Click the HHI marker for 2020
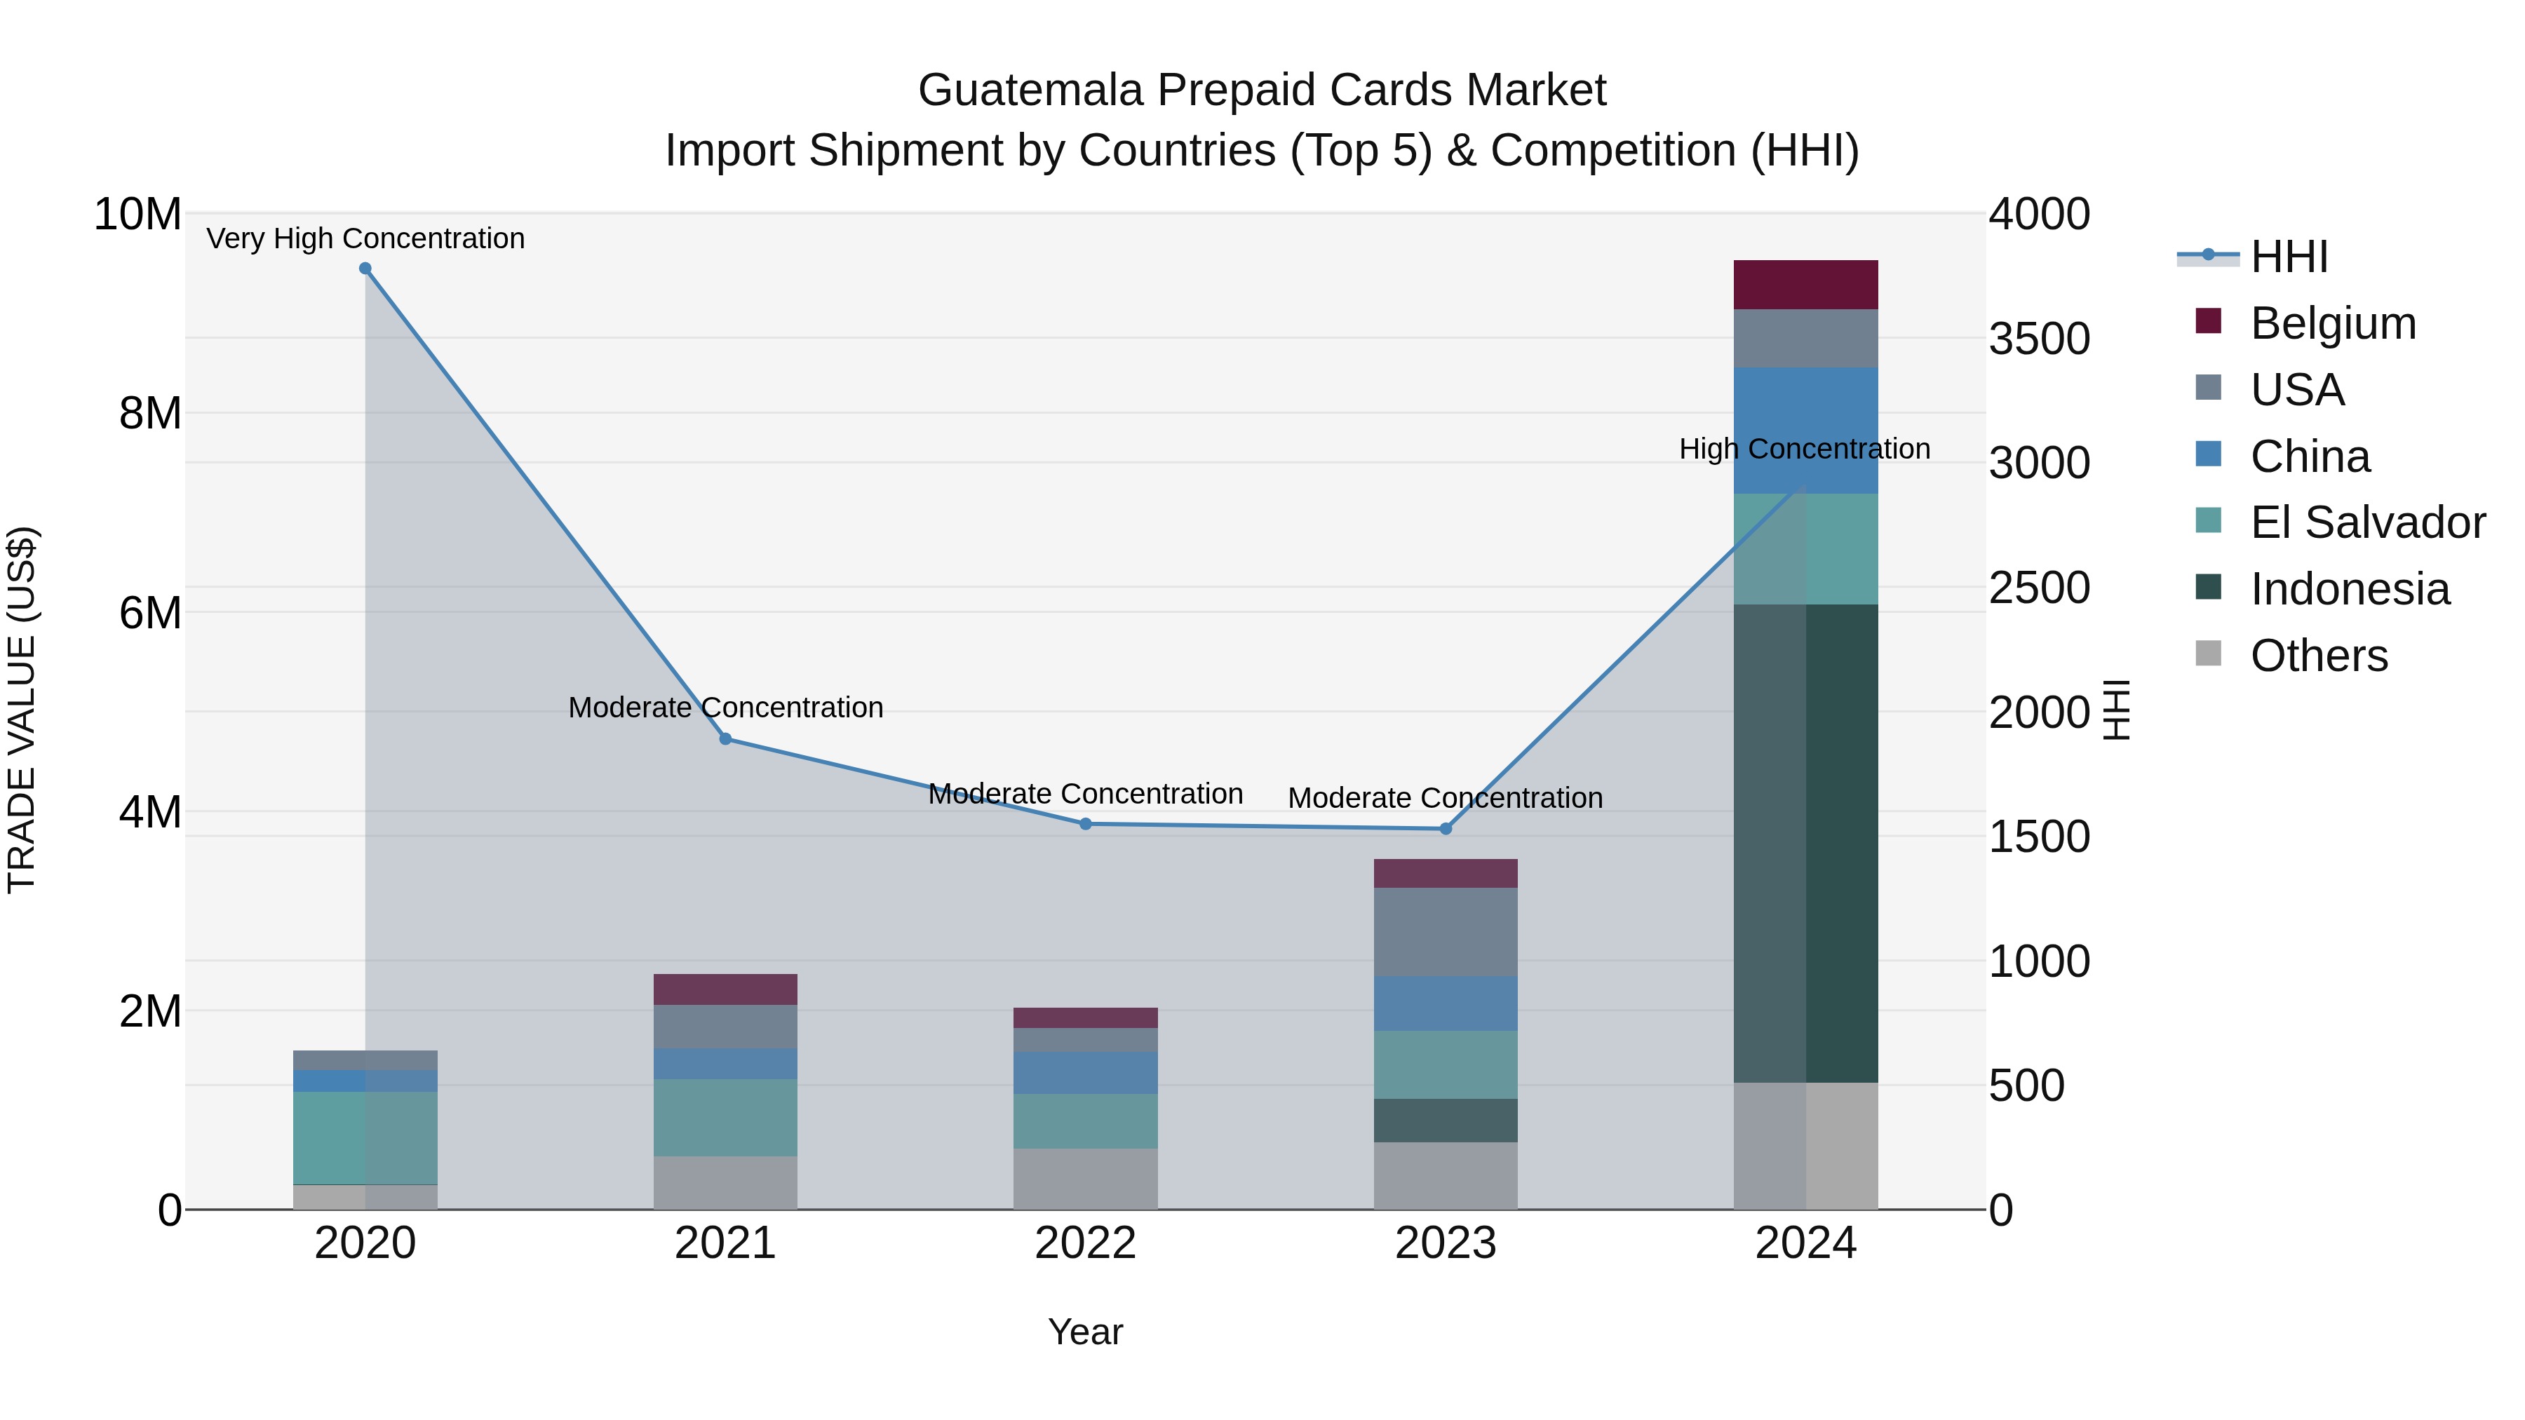click(365, 269)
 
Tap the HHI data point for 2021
click(725, 739)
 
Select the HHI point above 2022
click(1085, 824)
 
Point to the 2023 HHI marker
click(1445, 829)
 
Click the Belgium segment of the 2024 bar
click(1805, 285)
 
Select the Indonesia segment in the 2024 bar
click(1805, 843)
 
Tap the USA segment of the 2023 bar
click(1445, 931)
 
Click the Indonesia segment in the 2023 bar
click(1445, 1120)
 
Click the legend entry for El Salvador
click(2367, 522)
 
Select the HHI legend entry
click(2288, 257)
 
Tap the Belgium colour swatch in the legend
click(2209, 321)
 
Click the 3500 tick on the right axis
click(2039, 339)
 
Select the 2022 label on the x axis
click(1085, 1243)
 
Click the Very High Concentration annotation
click(365, 238)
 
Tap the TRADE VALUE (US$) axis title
click(22, 710)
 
